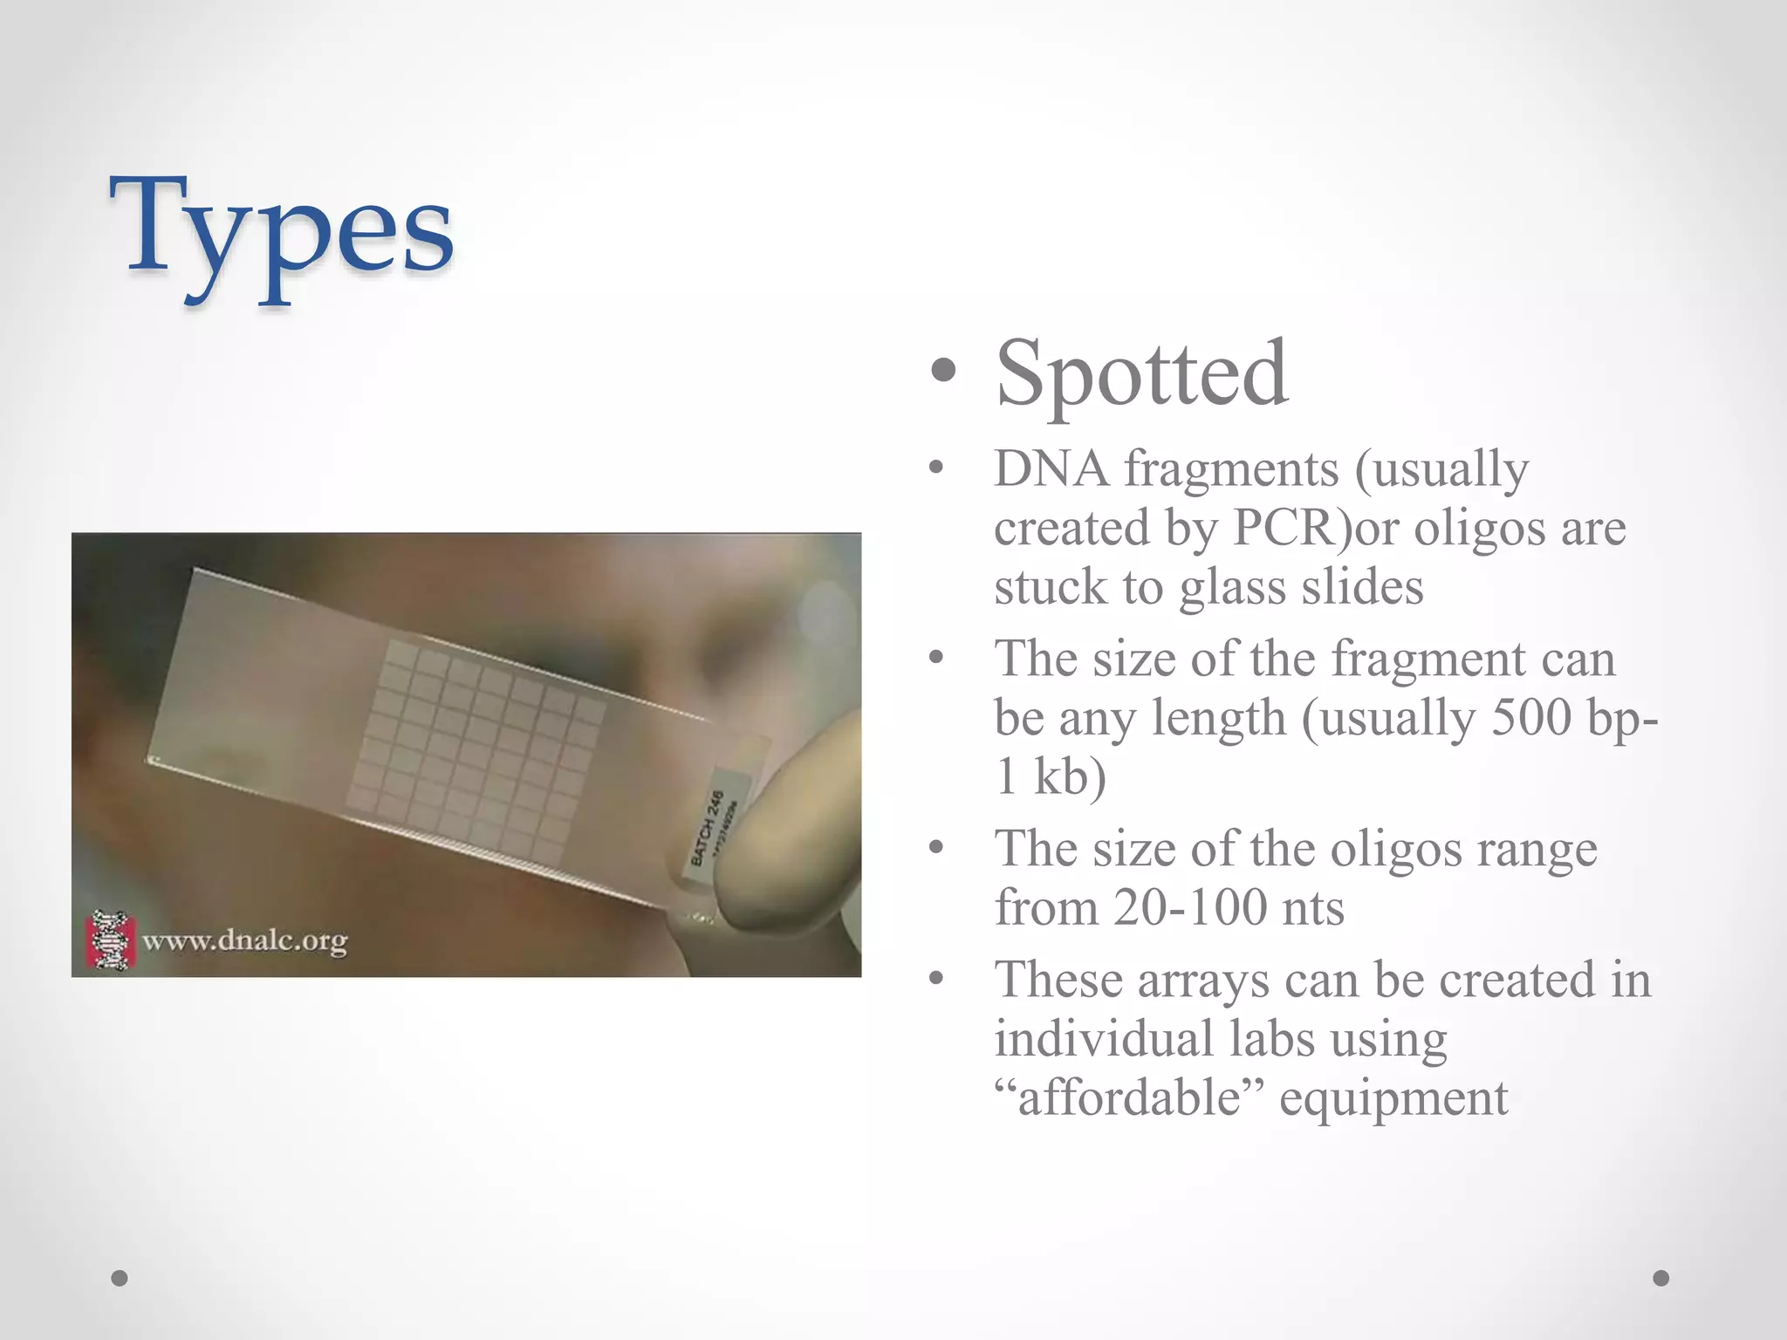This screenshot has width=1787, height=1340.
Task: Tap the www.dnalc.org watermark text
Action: tap(244, 941)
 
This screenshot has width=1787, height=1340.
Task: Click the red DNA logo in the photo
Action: tap(111, 940)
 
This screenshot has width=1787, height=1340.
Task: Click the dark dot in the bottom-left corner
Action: tap(120, 1278)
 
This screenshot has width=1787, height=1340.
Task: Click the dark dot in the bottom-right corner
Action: tap(1661, 1278)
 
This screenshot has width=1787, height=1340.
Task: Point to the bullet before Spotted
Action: tap(943, 373)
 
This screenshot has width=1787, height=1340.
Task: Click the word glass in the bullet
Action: tap(1233, 586)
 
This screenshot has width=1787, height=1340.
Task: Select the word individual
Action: tap(1103, 1038)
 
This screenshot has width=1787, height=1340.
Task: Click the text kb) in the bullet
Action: tap(1069, 776)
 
